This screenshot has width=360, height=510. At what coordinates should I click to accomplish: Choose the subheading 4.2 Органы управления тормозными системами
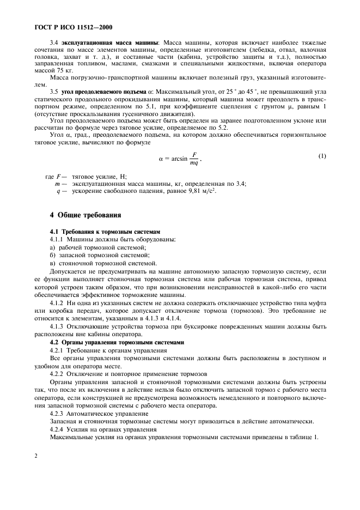pos(117,342)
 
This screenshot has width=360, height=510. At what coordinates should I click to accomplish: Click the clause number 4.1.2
pos(57,302)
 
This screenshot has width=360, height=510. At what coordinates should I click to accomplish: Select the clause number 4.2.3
pos(57,414)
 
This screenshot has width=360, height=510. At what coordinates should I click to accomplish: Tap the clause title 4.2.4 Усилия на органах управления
pos(95,429)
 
